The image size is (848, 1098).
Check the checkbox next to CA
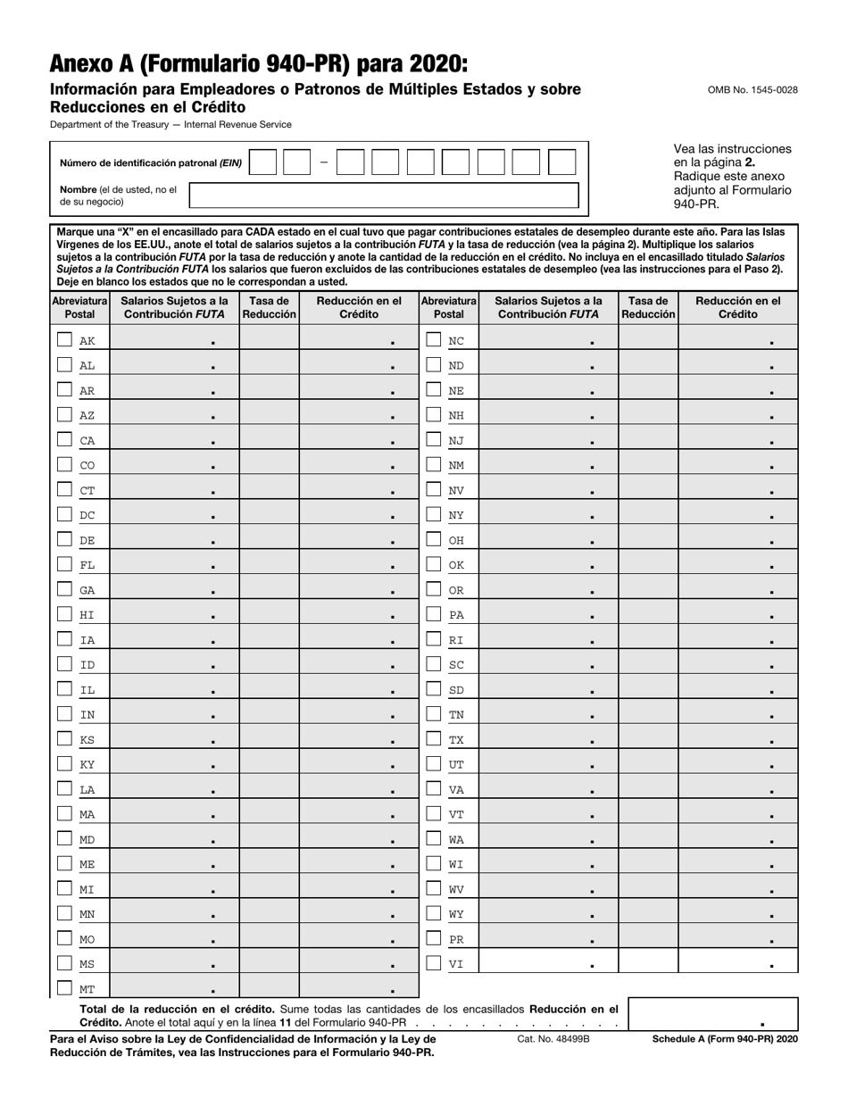[64, 439]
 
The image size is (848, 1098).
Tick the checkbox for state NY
[433, 514]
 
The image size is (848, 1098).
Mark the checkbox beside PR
[433, 938]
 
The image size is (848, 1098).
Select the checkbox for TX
[433, 739]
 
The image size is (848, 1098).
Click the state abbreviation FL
[87, 565]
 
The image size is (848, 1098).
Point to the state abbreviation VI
[455, 964]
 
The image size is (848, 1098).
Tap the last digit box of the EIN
[561, 162]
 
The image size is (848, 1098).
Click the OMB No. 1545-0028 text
[752, 90]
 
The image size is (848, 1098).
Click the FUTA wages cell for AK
[174, 340]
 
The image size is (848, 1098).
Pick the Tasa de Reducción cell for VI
[648, 962]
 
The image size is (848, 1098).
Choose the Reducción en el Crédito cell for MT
[359, 987]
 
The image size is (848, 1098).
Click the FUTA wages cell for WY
[549, 913]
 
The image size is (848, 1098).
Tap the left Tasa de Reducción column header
[269, 308]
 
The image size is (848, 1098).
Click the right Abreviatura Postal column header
[449, 308]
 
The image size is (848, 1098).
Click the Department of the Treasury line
[170, 125]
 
